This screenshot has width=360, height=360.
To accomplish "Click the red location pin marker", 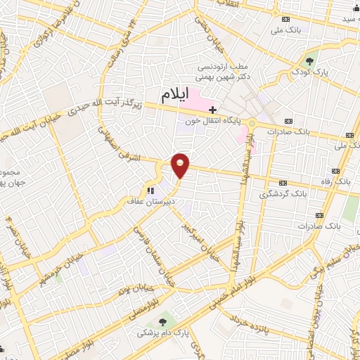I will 181,165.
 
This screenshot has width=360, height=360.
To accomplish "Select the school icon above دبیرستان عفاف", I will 150,190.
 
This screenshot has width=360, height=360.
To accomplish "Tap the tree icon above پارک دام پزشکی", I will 165,322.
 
